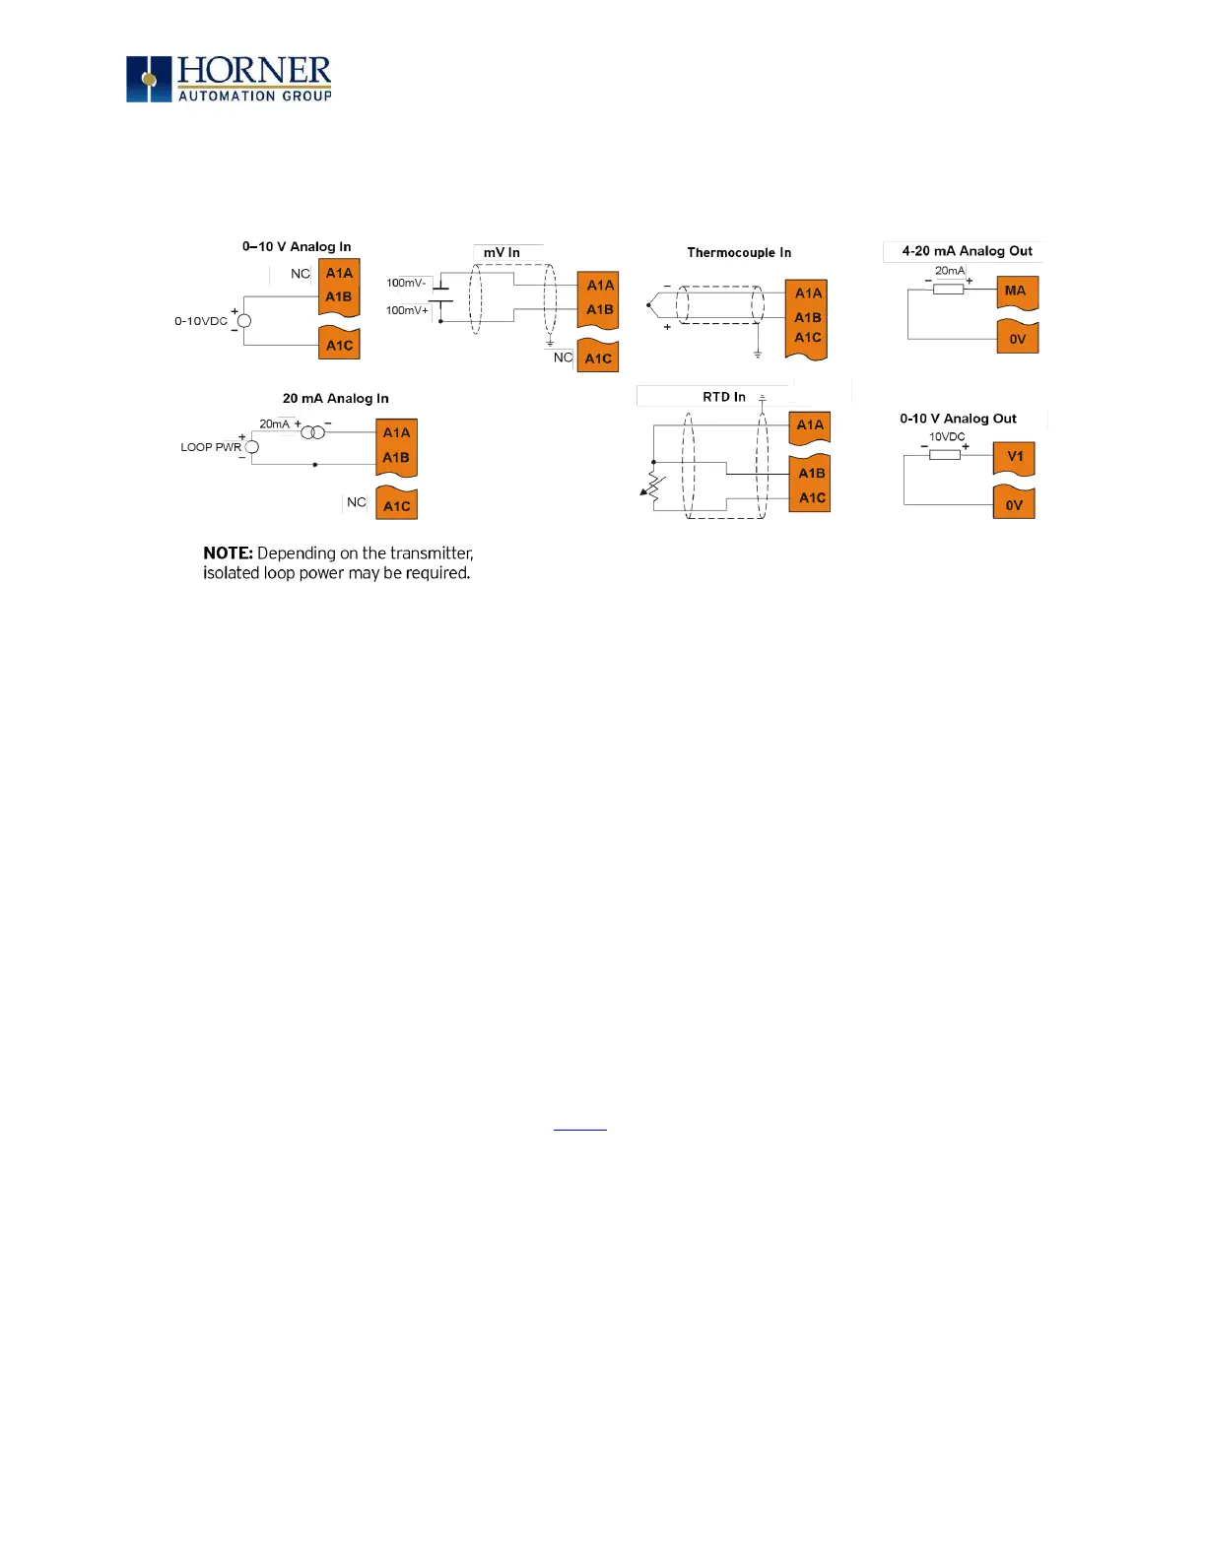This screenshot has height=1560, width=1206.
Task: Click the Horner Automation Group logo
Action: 229,79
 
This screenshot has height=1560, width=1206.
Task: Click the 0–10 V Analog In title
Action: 297,246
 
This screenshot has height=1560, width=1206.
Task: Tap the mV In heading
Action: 502,253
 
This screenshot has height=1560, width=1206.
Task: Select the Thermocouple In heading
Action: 739,253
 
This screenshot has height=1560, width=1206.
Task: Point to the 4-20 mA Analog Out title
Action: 967,251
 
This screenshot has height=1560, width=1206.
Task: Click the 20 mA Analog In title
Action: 335,399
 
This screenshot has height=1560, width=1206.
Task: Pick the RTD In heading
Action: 724,397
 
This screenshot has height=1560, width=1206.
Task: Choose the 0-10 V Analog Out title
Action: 958,419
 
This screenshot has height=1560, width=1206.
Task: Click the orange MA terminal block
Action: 1017,292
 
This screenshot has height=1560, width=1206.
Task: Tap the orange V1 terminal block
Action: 1014,457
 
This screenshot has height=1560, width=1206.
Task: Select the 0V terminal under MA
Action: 1017,339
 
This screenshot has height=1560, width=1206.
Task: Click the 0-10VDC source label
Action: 201,321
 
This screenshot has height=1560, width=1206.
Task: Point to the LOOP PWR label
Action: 211,447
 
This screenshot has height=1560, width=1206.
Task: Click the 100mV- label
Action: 406,284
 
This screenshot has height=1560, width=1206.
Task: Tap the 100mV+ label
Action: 407,310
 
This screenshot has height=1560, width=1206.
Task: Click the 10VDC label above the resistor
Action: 947,436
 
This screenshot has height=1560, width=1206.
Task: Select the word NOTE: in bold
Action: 228,553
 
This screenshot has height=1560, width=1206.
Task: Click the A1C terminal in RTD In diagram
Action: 812,498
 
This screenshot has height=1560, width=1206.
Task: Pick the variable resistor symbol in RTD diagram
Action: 653,486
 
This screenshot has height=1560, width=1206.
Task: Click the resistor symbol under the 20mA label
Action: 948,289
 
